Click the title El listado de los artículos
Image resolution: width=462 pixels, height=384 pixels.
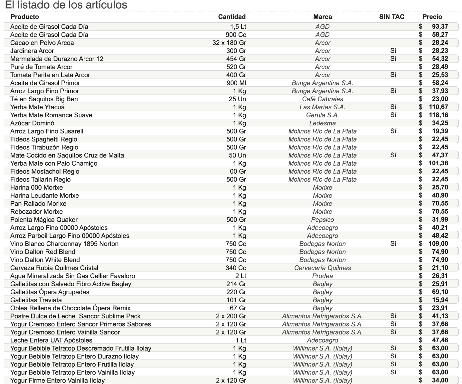tap(66, 5)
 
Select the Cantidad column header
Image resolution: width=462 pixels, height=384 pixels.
tap(232, 17)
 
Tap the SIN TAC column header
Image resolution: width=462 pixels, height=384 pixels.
tap(391, 17)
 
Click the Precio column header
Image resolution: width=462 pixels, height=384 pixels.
tap(432, 17)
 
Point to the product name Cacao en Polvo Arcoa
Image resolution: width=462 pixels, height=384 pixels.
tap(42, 43)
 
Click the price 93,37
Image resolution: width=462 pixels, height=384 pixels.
tap(440, 27)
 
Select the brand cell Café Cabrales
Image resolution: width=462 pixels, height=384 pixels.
tap(322, 99)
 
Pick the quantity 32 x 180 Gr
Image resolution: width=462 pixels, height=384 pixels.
tap(229, 43)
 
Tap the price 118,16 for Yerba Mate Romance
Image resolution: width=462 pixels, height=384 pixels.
tap(438, 115)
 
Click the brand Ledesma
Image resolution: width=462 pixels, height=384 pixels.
tap(322, 123)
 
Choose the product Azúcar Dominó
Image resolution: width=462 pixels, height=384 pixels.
tap(32, 123)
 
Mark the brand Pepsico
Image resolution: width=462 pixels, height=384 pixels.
tap(322, 220)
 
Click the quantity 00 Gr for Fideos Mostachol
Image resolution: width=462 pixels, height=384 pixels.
tap(238, 171)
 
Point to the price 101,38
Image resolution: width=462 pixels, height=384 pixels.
tap(438, 163)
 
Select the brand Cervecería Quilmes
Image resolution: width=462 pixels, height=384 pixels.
tap(322, 268)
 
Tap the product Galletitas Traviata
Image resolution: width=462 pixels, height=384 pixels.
tap(36, 300)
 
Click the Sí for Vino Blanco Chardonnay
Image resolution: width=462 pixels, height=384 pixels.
tap(393, 244)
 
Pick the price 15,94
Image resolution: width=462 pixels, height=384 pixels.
tap(440, 300)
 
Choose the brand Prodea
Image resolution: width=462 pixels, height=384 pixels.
tap(322, 276)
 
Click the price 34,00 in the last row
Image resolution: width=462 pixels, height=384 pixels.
tap(440, 380)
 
